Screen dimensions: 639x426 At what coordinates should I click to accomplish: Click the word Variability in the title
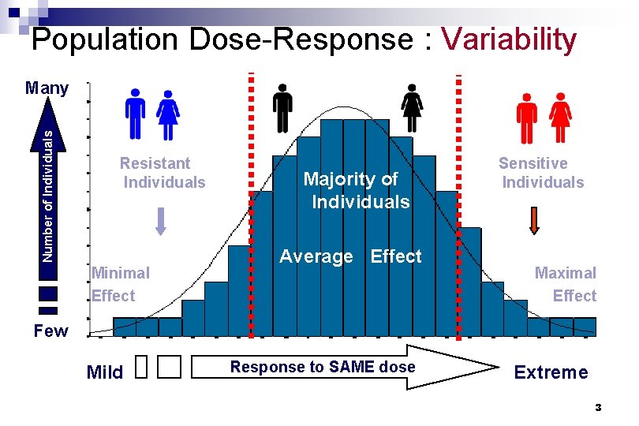pyautogui.click(x=509, y=39)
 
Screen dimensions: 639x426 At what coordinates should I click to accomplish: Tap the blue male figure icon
pyautogui.click(x=136, y=114)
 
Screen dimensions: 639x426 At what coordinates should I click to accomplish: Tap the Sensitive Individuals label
pyautogui.click(x=540, y=173)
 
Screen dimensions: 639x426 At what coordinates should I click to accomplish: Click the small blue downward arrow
pyautogui.click(x=161, y=220)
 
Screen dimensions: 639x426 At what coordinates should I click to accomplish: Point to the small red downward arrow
pyautogui.click(x=534, y=220)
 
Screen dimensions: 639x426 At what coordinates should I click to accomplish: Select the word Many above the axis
pyautogui.click(x=47, y=88)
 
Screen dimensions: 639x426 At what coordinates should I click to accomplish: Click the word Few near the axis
pyautogui.click(x=50, y=331)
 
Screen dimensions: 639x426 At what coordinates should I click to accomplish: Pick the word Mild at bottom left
pyautogui.click(x=105, y=372)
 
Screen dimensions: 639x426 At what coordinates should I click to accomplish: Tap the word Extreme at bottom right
pyautogui.click(x=551, y=372)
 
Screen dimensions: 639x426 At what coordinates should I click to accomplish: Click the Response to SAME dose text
pyautogui.click(x=322, y=367)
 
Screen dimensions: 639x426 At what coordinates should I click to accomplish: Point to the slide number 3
pyautogui.click(x=598, y=408)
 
